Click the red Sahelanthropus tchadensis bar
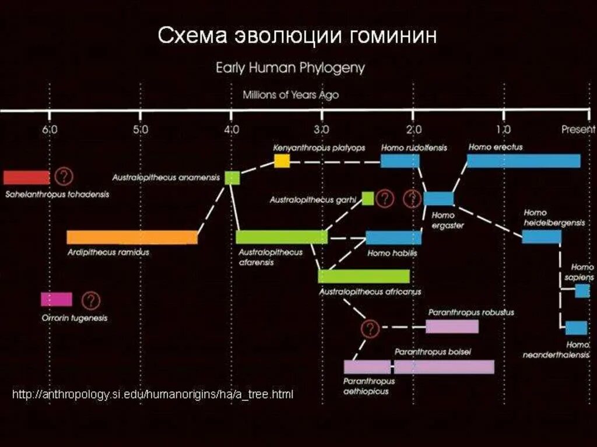pos(26,177)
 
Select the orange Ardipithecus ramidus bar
pos(132,237)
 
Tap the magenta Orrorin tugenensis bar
pos(57,300)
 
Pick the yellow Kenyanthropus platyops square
pos(282,161)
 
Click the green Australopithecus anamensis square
pos(232,178)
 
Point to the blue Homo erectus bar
pos(524,161)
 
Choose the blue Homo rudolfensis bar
pos(400,161)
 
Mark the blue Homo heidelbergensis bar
pos(542,237)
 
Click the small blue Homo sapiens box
pos(582,291)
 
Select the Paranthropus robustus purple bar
pos(452,326)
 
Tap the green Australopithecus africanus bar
pos(364,276)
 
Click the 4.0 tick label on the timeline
pos(231,129)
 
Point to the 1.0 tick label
pos(503,129)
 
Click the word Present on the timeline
pos(578,129)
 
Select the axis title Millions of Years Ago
pos(290,94)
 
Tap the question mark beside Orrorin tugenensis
pos(91,301)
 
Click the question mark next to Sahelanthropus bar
pos(64,176)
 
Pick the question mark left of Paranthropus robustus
pos(370,329)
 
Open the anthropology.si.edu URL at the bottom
pos(153,395)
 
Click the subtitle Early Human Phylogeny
pos(290,68)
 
